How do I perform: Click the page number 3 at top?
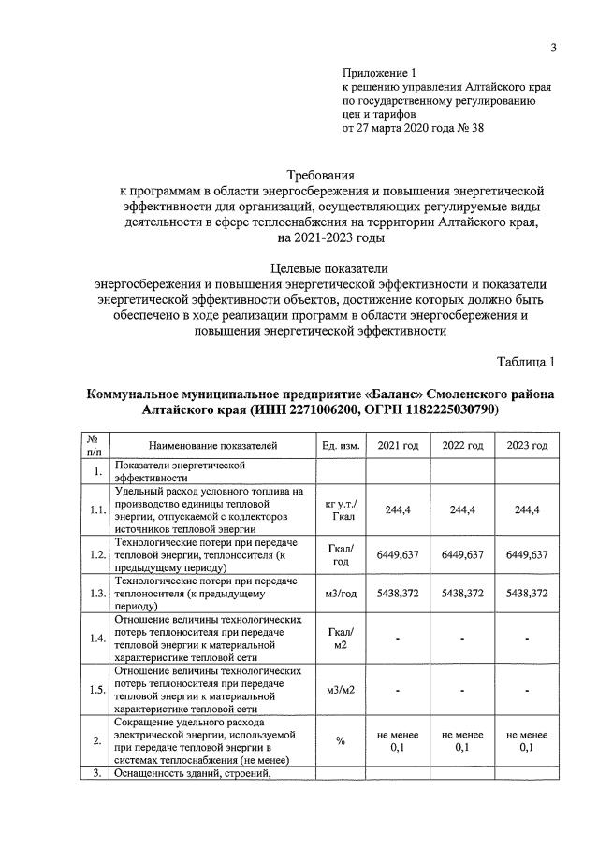[x=553, y=48]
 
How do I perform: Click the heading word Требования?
[x=321, y=175]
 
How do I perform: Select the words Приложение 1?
[x=378, y=72]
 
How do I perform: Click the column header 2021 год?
[x=398, y=445]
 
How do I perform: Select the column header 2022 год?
[x=462, y=445]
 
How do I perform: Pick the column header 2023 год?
[x=527, y=445]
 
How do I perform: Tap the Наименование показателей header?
[x=213, y=445]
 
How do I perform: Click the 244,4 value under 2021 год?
[x=398, y=509]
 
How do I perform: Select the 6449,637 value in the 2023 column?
[x=527, y=554]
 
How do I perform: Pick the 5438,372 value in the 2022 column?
[x=462, y=594]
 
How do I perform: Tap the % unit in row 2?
[x=341, y=741]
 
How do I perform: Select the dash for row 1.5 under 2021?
[x=398, y=691]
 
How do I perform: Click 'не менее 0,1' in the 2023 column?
[x=527, y=741]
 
